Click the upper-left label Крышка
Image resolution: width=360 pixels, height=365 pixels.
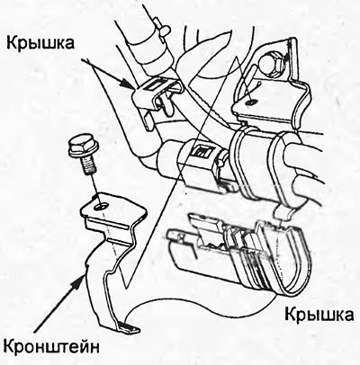(x=40, y=43)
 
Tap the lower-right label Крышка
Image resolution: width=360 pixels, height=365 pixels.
(x=319, y=315)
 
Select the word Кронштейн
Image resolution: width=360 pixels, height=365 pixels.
(x=51, y=347)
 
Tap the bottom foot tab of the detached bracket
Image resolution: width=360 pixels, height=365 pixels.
(x=129, y=327)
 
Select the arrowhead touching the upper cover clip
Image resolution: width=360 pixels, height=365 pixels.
(x=128, y=85)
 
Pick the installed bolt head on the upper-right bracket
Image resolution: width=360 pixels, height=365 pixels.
(x=271, y=64)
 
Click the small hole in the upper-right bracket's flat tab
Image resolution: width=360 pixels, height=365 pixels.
(x=251, y=102)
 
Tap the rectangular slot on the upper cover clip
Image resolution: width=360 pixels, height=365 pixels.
(x=156, y=85)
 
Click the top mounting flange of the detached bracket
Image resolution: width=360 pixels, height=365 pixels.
(x=114, y=209)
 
